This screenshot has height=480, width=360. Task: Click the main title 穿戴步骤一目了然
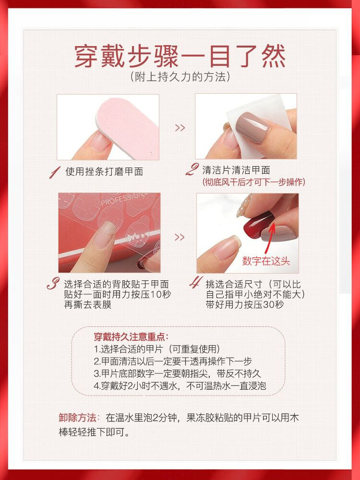(180, 57)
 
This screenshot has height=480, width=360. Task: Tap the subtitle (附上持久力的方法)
(180, 76)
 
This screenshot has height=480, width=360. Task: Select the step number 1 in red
(56, 171)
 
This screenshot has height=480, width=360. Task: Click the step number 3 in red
(53, 284)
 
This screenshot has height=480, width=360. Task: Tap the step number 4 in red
(194, 284)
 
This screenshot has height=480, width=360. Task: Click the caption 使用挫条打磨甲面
(104, 171)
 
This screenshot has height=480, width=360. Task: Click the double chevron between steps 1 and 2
(180, 128)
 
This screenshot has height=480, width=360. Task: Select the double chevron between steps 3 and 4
(179, 237)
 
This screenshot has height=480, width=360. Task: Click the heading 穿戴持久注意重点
(131, 337)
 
